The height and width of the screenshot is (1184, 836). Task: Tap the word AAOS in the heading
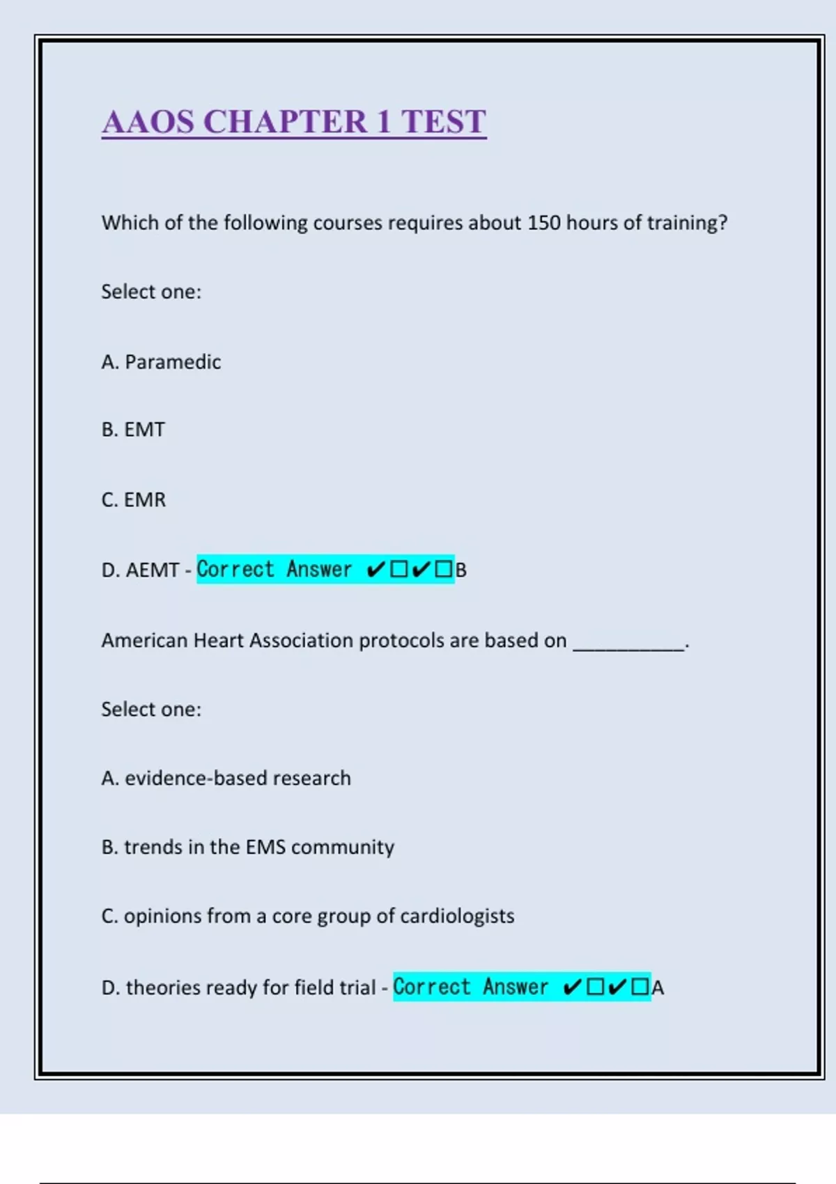[148, 122]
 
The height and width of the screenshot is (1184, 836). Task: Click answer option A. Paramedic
[161, 362]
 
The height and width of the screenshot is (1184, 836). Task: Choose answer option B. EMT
[133, 430]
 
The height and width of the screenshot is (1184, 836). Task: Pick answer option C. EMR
[134, 500]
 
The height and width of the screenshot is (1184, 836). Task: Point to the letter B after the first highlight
[461, 570]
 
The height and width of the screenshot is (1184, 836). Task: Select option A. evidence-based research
[226, 778]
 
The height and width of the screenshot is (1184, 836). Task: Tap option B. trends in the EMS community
[247, 847]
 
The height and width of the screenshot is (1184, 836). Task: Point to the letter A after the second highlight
[658, 988]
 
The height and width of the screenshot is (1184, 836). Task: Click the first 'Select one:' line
[151, 292]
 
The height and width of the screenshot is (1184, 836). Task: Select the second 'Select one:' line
[151, 710]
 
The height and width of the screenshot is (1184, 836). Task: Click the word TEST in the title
[443, 122]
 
